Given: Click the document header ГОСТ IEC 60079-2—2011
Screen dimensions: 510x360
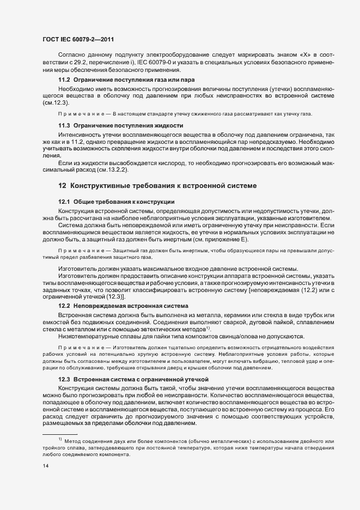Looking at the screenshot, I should (78, 39).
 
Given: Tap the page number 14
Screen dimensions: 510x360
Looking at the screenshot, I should (45, 466).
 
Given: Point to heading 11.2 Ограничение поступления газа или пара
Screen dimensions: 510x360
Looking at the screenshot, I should (126, 80).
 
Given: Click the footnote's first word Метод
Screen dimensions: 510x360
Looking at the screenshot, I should (74, 440).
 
